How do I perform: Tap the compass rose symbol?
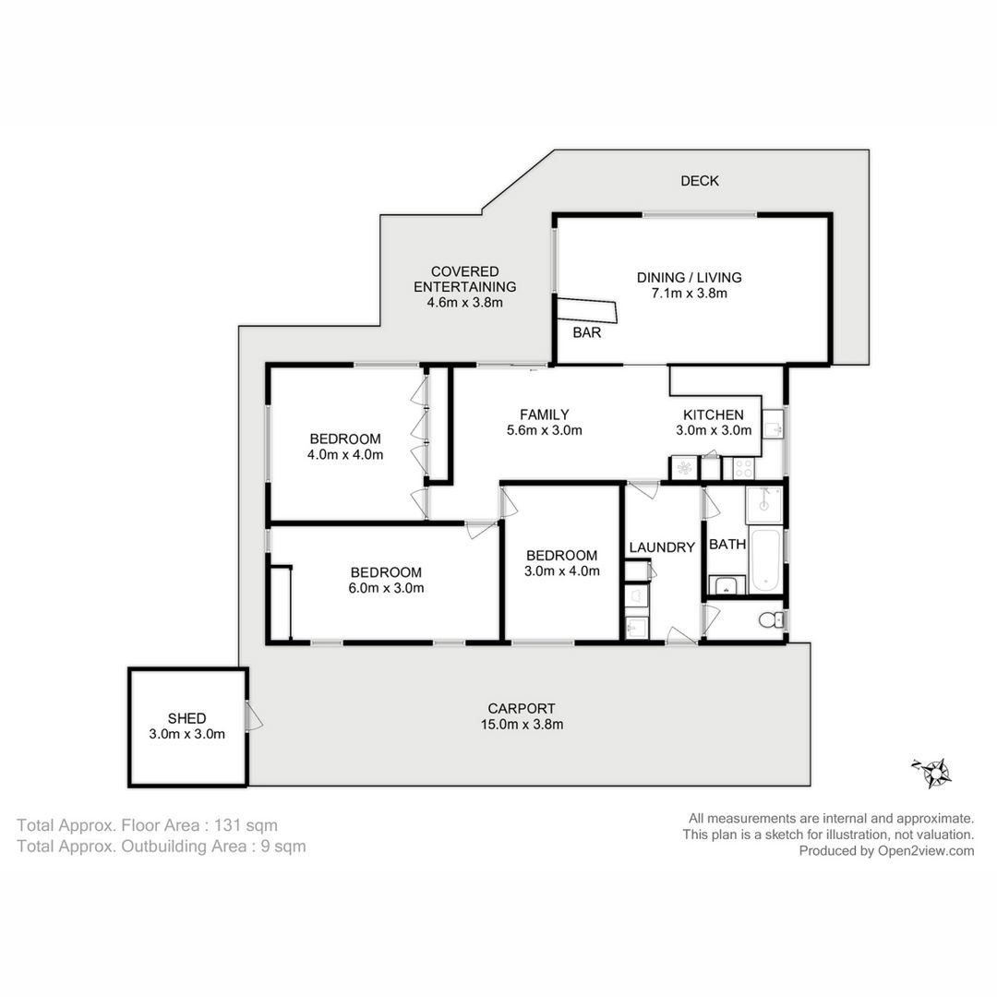[933, 773]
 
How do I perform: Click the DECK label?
[700, 181]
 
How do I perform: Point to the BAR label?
[586, 332]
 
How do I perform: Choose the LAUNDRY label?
[662, 547]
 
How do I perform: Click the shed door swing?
[255, 715]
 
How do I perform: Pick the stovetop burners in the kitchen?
[743, 469]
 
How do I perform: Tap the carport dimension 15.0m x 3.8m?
[522, 725]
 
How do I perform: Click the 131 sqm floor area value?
[246, 825]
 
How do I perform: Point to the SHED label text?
[186, 718]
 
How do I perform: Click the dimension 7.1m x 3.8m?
[690, 294]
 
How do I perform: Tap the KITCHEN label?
[713, 415]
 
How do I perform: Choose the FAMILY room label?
[545, 414]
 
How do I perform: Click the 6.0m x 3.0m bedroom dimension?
[386, 588]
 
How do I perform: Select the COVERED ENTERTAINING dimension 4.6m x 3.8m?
[464, 303]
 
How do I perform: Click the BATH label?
[727, 545]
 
